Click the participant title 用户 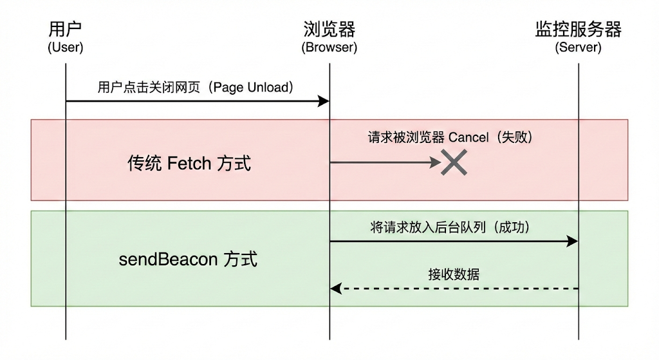click(66, 30)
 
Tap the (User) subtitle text click(66, 48)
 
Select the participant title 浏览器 click(329, 30)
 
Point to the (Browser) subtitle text click(329, 48)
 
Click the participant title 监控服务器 click(578, 30)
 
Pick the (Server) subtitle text click(578, 48)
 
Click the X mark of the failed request click(454, 162)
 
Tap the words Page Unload click(253, 88)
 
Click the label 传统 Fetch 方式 click(189, 163)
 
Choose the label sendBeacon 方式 click(189, 260)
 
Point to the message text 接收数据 click(454, 274)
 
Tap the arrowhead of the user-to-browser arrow click(325, 101)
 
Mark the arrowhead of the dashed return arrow click(335, 289)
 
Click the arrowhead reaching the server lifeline click(573, 241)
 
